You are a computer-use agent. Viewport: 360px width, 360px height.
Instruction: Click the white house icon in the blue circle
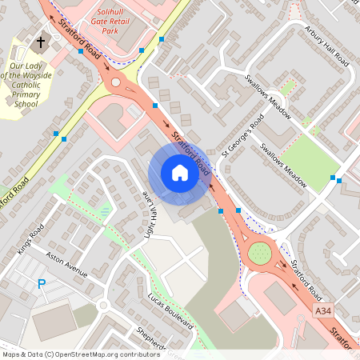point(180,173)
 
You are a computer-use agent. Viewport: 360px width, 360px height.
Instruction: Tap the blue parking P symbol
point(42,283)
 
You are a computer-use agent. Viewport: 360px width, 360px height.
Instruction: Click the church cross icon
point(41,41)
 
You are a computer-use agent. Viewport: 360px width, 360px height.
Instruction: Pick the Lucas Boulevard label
point(170,310)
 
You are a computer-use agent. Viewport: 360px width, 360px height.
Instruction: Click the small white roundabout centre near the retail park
point(116,82)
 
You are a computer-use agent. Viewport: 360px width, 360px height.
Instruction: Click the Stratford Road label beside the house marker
point(192,156)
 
